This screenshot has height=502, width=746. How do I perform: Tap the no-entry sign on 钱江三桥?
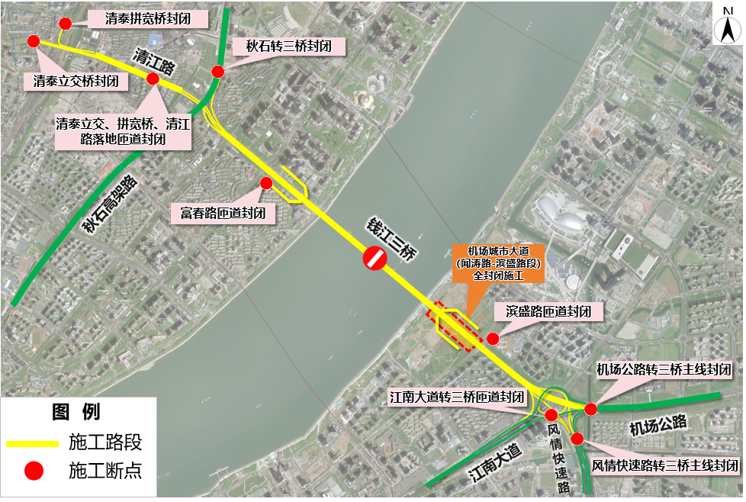click(375, 258)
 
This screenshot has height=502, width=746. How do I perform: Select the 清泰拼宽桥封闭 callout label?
click(149, 19)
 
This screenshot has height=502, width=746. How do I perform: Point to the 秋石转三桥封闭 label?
click(288, 47)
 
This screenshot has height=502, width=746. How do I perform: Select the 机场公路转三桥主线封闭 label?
click(664, 370)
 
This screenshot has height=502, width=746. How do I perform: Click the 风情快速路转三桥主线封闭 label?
click(666, 465)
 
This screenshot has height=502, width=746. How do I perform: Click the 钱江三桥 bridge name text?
click(389, 239)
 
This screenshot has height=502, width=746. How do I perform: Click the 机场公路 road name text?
click(658, 425)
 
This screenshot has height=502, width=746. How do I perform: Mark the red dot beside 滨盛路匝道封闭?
click(493, 338)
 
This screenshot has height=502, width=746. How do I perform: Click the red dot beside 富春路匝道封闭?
click(266, 183)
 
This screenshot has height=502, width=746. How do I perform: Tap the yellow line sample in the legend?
click(32, 443)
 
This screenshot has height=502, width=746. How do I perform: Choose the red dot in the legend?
click(32, 471)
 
